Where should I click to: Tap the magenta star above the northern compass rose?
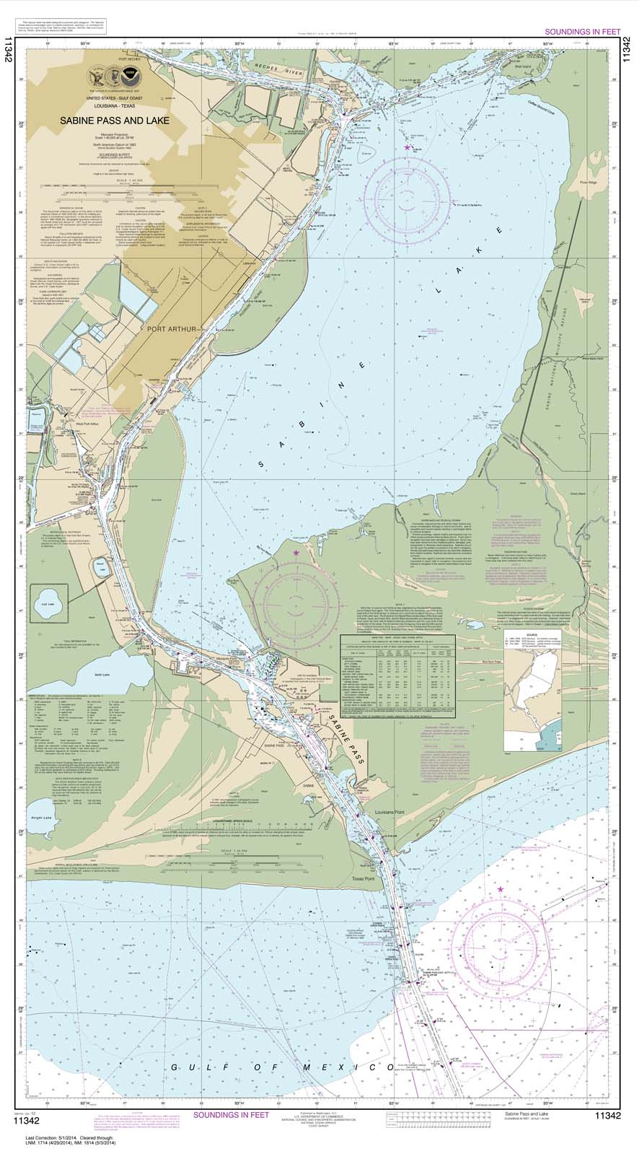coord(407,147)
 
